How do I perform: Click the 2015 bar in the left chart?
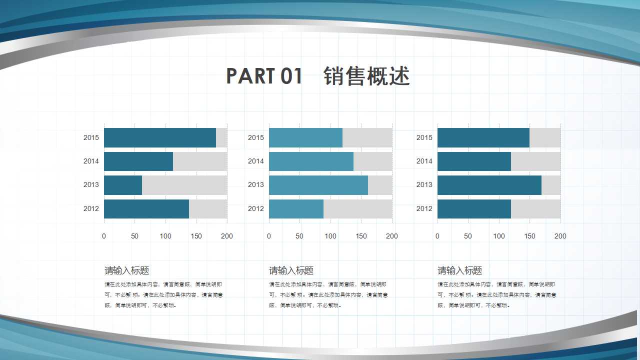160,138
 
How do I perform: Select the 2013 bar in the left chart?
123,185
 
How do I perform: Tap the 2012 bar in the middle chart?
296,209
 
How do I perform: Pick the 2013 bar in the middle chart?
318,185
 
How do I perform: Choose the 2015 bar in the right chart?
483,138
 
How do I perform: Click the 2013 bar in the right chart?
489,185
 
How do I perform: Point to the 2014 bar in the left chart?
138,161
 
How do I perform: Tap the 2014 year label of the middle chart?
255,161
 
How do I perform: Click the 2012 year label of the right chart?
424,209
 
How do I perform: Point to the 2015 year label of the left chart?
91,138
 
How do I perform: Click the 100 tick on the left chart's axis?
165,236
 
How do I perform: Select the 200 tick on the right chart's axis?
560,236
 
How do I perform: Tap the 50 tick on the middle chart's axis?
299,236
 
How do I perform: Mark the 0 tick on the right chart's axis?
437,236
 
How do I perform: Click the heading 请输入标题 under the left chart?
127,271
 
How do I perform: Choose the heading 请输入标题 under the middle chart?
291,271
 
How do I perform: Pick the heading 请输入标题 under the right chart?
460,271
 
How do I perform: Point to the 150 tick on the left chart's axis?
196,236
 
